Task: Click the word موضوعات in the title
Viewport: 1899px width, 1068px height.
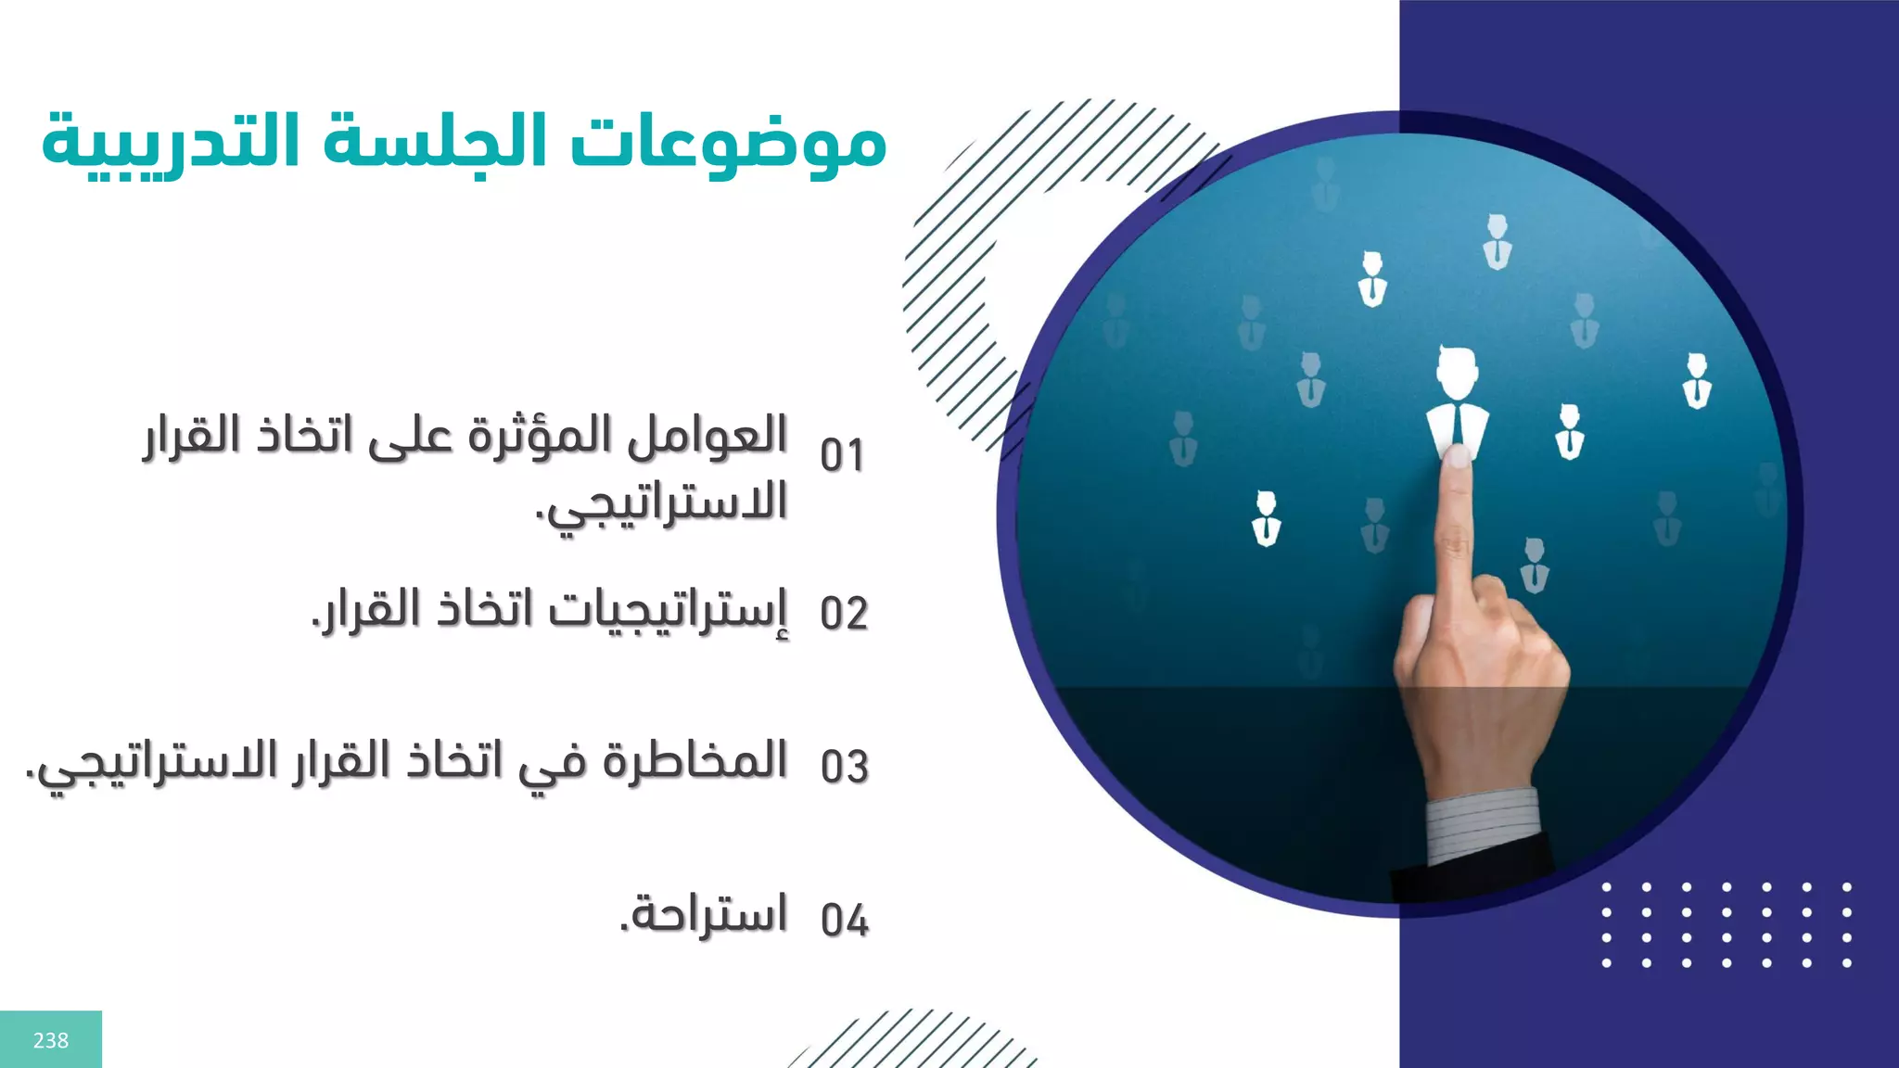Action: pyautogui.click(x=728, y=144)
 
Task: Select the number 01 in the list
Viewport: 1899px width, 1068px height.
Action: pyautogui.click(x=842, y=456)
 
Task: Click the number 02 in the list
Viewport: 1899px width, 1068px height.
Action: pyautogui.click(x=844, y=614)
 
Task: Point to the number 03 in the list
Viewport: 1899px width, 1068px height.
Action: pyautogui.click(x=844, y=767)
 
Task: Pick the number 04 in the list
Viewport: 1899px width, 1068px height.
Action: pyautogui.click(x=844, y=920)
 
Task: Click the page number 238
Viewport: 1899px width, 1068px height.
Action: pyautogui.click(x=51, y=1040)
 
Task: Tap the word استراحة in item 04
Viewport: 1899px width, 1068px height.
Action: pyautogui.click(x=705, y=914)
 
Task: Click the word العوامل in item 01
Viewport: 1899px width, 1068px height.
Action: pyautogui.click(x=708, y=436)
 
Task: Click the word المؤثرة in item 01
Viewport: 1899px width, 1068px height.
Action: pyautogui.click(x=539, y=436)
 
